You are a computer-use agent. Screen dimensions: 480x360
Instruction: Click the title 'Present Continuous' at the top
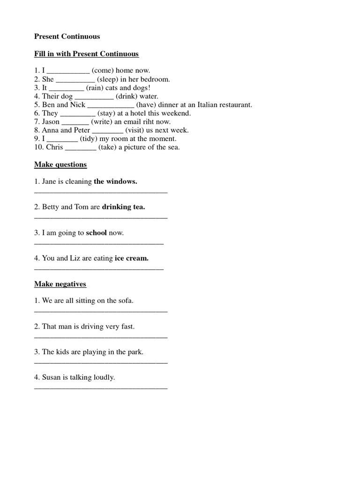67,36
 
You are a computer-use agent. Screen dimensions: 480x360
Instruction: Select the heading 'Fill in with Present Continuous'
86,54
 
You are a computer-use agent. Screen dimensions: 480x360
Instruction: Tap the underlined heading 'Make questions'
60,165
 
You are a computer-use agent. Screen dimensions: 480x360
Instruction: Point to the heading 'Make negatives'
60,284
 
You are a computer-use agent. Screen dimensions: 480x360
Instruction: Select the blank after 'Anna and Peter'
108,131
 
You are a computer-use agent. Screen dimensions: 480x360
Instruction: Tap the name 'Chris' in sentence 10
54,147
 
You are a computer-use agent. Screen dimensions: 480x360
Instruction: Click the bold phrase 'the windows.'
115,181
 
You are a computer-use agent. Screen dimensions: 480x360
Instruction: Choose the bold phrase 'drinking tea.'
123,207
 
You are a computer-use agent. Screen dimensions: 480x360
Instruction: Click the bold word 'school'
97,232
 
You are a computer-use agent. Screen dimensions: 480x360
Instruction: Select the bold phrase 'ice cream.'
132,258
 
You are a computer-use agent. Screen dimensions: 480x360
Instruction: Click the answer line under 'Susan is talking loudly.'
101,388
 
